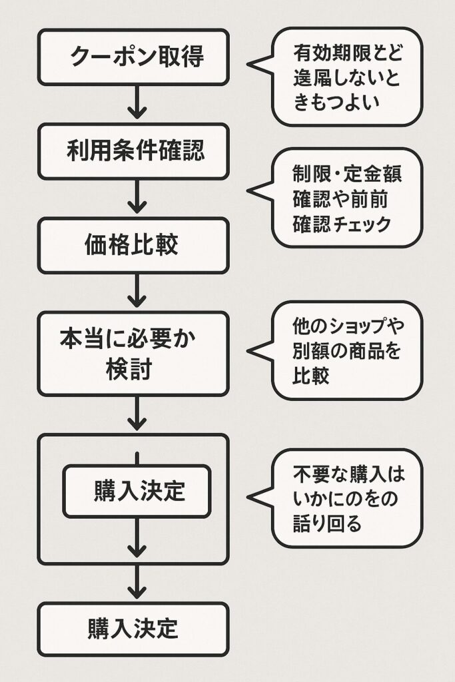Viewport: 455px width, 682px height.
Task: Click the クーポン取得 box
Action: click(133, 57)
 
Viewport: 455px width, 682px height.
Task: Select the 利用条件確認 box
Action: click(133, 151)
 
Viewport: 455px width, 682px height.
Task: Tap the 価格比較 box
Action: click(133, 246)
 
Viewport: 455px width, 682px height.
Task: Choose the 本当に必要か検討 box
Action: click(133, 353)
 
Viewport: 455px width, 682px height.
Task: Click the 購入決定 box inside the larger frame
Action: click(137, 492)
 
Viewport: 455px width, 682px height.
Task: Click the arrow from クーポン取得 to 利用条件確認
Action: click(137, 104)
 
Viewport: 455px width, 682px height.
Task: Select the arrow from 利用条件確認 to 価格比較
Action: click(137, 198)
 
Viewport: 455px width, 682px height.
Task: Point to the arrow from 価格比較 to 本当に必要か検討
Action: click(137, 292)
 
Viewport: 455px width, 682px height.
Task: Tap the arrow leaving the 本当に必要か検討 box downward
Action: click(137, 414)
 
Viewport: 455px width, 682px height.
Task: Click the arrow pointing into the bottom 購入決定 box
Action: click(137, 582)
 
